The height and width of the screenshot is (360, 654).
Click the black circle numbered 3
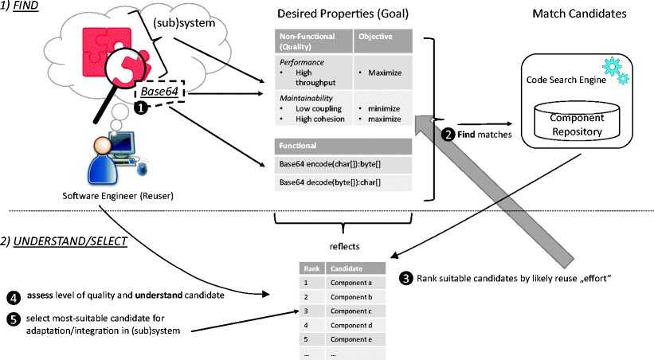click(x=406, y=278)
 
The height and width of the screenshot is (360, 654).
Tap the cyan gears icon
click(x=613, y=70)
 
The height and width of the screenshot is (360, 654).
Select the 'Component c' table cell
click(x=355, y=311)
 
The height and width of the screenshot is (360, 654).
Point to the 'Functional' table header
click(x=297, y=147)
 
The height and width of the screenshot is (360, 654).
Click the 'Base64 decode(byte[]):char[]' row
click(x=330, y=182)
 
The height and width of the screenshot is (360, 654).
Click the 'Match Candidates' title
click(x=572, y=14)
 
